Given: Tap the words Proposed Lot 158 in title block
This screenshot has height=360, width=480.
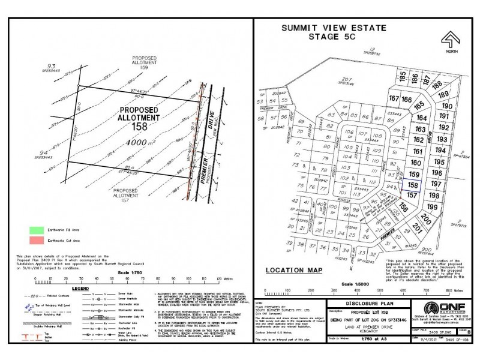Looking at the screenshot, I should pyautogui.click(x=365, y=313).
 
